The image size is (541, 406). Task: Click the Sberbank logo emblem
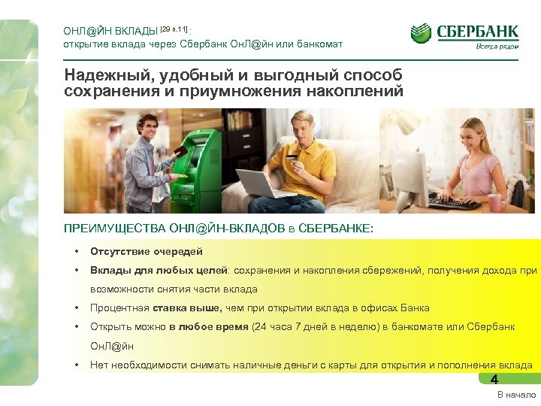pos(422,34)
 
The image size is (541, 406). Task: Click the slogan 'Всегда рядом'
pos(496,47)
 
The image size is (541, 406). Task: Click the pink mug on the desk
pos(494,201)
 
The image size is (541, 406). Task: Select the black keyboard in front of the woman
pos(455,203)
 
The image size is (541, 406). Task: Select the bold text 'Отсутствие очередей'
pos(147,252)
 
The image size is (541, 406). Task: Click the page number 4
pos(494,380)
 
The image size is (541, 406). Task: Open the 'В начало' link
pos(516,395)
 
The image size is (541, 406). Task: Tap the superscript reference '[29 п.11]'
pos(174,29)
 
